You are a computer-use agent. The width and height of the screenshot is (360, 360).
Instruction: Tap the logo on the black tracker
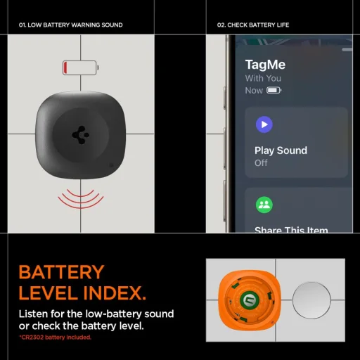click(80, 134)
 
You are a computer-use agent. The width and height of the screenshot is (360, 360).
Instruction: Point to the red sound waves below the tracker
click(80, 199)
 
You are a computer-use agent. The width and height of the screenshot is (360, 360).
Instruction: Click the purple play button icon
click(264, 125)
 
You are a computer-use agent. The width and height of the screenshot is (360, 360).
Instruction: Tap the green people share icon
click(264, 205)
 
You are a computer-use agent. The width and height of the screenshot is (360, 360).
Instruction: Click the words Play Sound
click(281, 150)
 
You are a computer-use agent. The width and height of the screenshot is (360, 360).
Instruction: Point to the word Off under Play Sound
click(261, 163)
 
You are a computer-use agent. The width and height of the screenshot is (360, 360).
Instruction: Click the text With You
click(262, 79)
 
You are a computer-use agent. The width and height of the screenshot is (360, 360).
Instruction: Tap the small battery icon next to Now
click(274, 91)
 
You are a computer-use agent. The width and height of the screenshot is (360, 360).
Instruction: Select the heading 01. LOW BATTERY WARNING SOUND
click(70, 25)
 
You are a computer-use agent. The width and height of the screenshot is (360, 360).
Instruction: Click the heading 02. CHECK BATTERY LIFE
click(253, 25)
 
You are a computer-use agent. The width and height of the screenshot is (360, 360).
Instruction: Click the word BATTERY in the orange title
click(61, 272)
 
